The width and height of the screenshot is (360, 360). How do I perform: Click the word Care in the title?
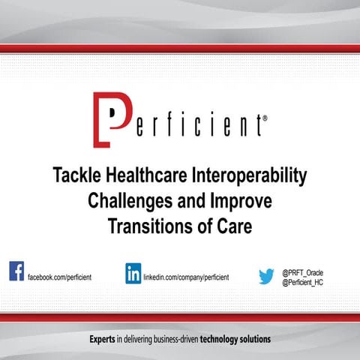tap(229, 226)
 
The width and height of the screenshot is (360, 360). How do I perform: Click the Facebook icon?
tap(16, 271)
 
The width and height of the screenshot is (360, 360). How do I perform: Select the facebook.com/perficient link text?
tap(60, 277)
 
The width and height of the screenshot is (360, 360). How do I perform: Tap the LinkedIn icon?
tap(133, 273)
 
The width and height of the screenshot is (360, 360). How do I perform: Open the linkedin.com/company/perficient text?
tap(186, 277)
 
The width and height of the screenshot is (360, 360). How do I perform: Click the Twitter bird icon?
tap(266, 277)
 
